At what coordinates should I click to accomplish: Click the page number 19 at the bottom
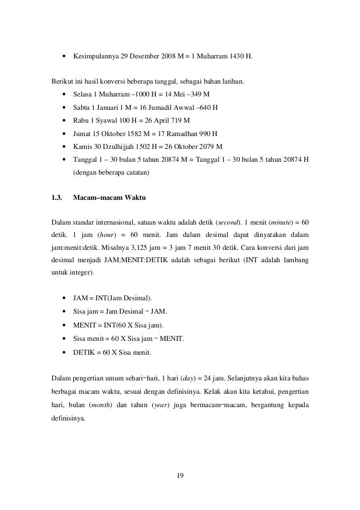tap(180, 476)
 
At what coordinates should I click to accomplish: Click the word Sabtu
tap(81, 107)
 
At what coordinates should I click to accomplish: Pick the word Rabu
tap(81, 121)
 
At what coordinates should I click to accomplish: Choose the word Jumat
tap(82, 134)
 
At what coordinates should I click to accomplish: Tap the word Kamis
tap(82, 147)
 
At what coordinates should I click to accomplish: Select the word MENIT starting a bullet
tap(84, 325)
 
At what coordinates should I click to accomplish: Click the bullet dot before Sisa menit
tap(65, 339)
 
